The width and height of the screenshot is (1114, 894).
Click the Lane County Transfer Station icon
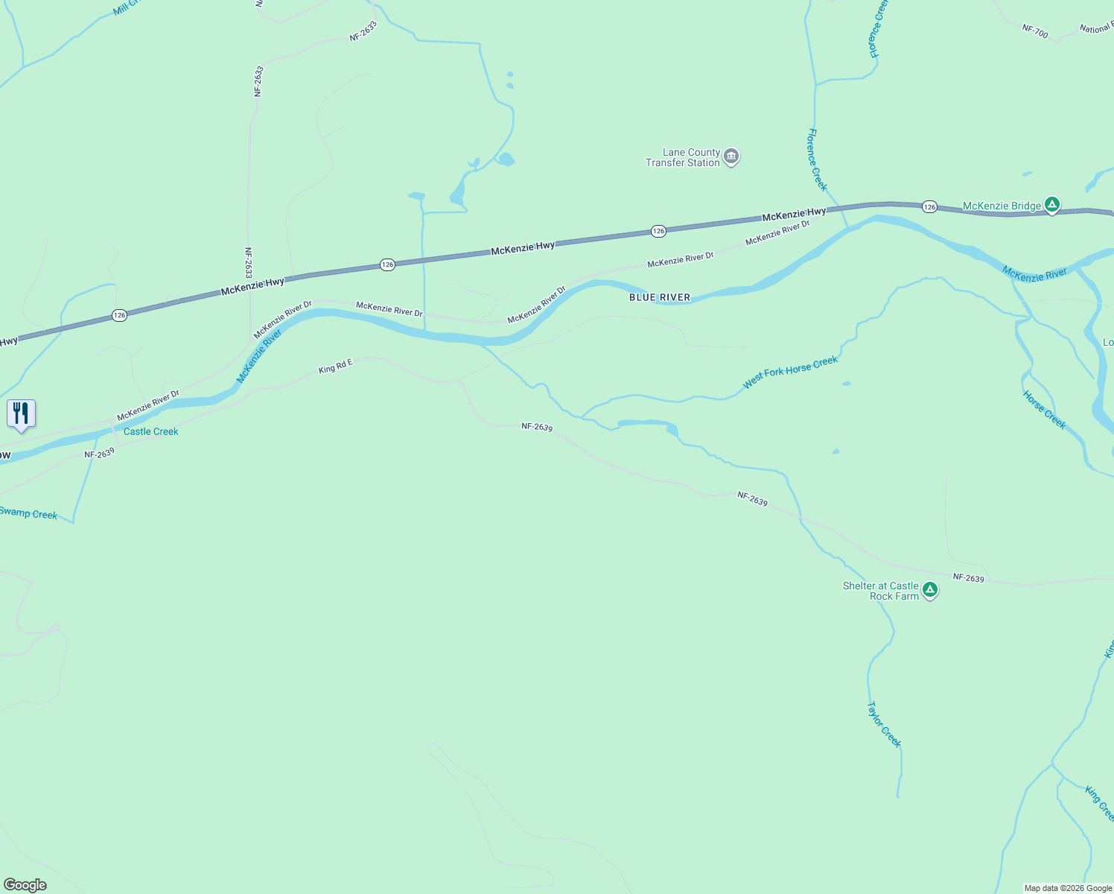(x=731, y=156)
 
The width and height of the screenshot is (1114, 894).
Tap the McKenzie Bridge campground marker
(x=1051, y=204)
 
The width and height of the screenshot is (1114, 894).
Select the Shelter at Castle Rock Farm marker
(x=929, y=590)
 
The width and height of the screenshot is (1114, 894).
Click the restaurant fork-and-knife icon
(x=21, y=413)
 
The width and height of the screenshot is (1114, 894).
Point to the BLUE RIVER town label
(x=660, y=297)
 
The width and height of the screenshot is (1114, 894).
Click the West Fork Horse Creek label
(x=790, y=372)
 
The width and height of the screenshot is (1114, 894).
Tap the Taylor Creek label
(x=884, y=724)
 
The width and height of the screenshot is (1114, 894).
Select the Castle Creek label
(x=151, y=431)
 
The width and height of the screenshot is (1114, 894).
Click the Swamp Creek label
(x=28, y=513)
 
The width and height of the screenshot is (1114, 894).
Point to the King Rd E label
(x=335, y=367)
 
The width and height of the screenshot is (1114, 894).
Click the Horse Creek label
(x=1044, y=410)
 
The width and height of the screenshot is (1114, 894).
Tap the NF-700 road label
(x=1035, y=31)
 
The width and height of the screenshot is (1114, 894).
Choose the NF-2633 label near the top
(x=363, y=31)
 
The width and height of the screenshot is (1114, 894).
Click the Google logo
(x=25, y=885)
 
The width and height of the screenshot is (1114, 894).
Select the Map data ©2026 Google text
(x=1068, y=888)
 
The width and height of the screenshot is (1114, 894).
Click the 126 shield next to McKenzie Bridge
(x=929, y=206)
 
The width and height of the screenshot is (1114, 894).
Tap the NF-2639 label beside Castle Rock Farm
(x=968, y=578)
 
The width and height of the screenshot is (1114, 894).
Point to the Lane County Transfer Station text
(x=683, y=157)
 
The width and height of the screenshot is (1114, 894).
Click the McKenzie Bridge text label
(x=1002, y=206)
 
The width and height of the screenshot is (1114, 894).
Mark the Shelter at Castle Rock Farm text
(x=881, y=591)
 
